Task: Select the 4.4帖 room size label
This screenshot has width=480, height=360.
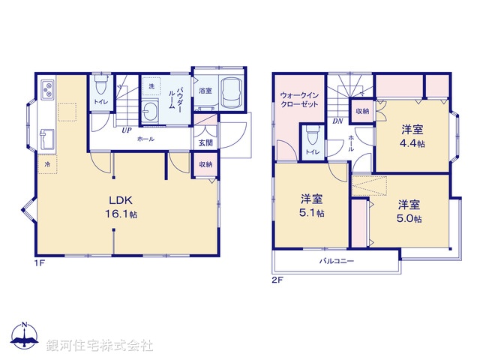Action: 412,143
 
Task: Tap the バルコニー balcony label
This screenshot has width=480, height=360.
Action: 337,262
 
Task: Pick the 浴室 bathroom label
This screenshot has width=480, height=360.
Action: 205,91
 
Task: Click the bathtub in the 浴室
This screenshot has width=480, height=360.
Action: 232,94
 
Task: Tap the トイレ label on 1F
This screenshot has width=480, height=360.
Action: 100,101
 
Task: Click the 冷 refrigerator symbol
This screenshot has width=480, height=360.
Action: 47,163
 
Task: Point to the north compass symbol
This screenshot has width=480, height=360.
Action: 25,337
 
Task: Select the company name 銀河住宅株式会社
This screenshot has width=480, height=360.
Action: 100,346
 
